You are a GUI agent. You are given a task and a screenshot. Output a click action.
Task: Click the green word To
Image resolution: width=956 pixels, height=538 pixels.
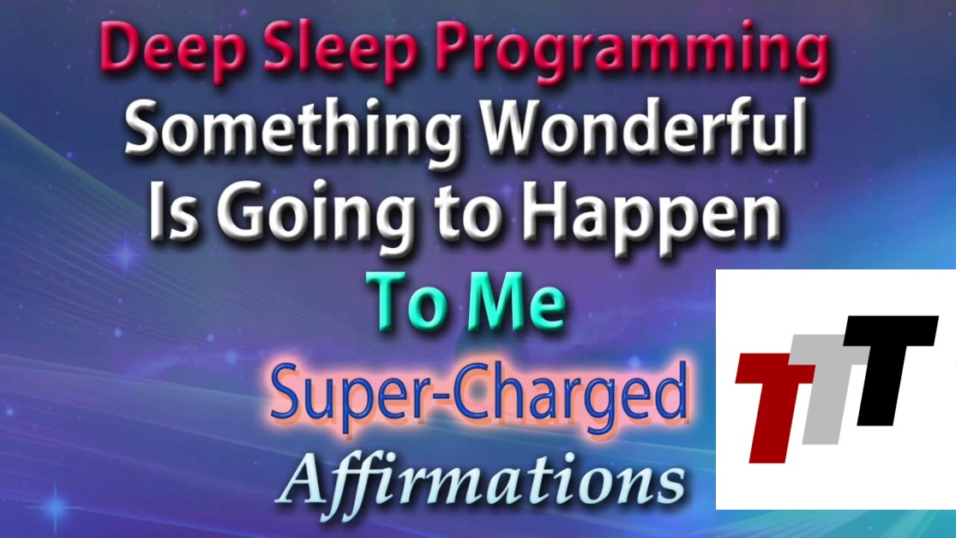click(x=408, y=301)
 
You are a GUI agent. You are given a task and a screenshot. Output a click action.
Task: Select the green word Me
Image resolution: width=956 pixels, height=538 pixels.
click(x=516, y=301)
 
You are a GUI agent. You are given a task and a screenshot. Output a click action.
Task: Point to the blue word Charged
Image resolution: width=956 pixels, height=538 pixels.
click(x=571, y=395)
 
